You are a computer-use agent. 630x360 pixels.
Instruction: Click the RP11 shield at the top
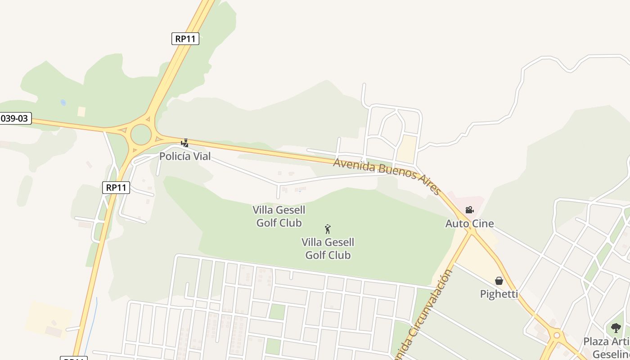pos(185,39)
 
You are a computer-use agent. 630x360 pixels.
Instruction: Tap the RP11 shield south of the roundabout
pos(116,188)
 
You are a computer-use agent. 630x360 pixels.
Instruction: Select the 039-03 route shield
pos(15,119)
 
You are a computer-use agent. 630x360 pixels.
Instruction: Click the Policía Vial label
pos(185,157)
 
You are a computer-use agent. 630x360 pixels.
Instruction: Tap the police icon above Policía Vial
pos(184,143)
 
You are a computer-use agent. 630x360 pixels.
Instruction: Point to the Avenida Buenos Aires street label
pos(387,175)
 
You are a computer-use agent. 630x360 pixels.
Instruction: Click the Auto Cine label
pos(469,224)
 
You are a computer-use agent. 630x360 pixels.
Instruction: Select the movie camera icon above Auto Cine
pos(469,210)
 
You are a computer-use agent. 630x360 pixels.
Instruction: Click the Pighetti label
pos(499,294)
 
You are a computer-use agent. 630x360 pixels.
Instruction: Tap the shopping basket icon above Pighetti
pos(499,281)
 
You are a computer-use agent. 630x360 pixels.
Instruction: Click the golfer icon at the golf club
pos(328,229)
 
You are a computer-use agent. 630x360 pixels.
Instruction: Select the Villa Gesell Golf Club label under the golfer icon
pos(328,249)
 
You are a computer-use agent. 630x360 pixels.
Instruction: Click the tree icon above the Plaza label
pos(616,328)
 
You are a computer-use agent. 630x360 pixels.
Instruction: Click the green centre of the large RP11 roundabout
pos(141,135)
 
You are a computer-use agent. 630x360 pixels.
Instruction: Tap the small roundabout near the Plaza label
pos(557,335)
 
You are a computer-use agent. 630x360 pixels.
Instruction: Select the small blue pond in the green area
pos(63,103)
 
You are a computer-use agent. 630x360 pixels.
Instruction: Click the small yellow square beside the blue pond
pos(81,112)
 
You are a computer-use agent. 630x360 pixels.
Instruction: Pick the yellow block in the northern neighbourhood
pos(407,148)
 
